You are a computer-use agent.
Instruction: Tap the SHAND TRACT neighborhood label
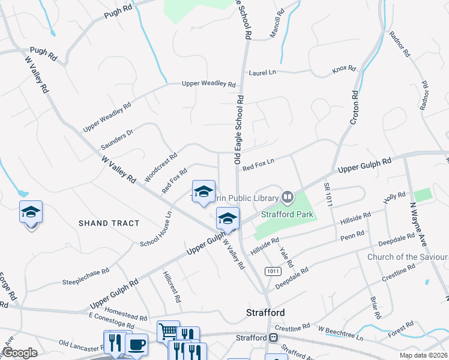[x=109, y=223]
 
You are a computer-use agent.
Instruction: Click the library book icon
[x=288, y=197]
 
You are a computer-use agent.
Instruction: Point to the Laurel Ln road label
[x=262, y=72]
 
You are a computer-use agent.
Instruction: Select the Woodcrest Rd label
[x=160, y=167]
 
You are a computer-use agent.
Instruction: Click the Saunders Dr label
[x=116, y=139]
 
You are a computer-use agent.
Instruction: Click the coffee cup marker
[x=136, y=344]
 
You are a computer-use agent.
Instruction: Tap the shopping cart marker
[x=168, y=331]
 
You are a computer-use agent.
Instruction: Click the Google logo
[x=20, y=353]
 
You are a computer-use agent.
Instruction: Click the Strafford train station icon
[x=274, y=337]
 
